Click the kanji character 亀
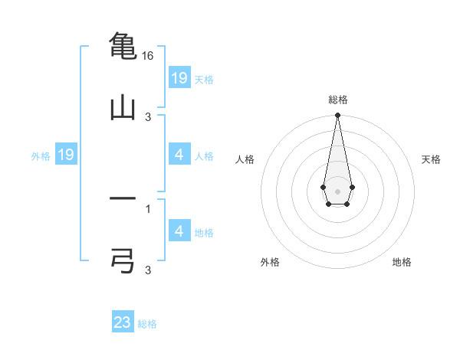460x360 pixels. pyautogui.click(x=123, y=45)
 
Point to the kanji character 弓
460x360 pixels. pyautogui.click(x=123, y=260)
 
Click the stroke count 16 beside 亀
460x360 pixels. pyautogui.click(x=148, y=56)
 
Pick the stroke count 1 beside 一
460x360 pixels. pyautogui.click(x=148, y=208)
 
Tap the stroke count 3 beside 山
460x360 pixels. pyautogui.click(x=148, y=116)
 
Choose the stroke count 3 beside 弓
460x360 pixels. pyautogui.click(x=148, y=270)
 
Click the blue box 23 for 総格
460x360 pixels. pyautogui.click(x=123, y=322)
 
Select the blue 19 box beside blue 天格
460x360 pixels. pyautogui.click(x=179, y=78)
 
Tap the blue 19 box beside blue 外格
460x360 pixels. pyautogui.click(x=66, y=155)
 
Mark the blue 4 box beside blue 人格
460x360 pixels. pyautogui.click(x=179, y=155)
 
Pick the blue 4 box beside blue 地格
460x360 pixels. pyautogui.click(x=179, y=231)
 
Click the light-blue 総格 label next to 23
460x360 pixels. pyautogui.click(x=147, y=324)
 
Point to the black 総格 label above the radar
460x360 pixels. pyautogui.click(x=337, y=100)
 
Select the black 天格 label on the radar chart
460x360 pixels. pyautogui.click(x=432, y=159)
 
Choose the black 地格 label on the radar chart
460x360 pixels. pyautogui.click(x=402, y=262)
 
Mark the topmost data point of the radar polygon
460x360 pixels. pyautogui.click(x=337, y=116)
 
